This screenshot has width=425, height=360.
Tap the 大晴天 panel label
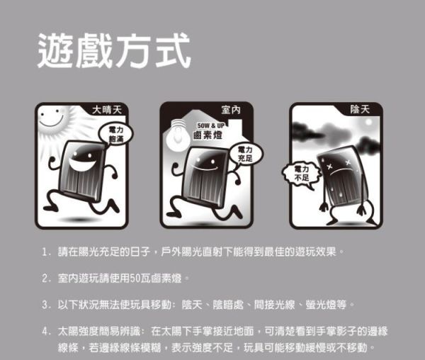pyautogui.click(x=108, y=110)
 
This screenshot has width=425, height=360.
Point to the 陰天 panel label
pyautogui.click(x=359, y=110)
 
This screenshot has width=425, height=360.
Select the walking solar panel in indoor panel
pyautogui.click(x=205, y=180)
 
